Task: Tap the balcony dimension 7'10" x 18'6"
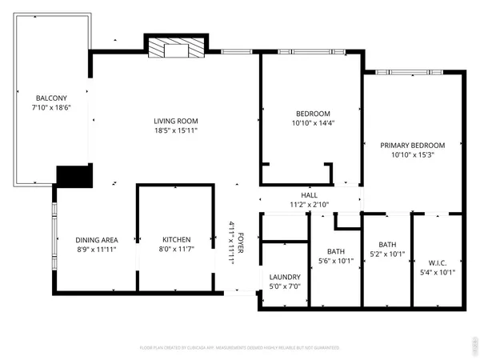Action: (46, 107)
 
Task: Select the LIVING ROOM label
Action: (176, 121)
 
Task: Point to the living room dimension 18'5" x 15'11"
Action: (176, 130)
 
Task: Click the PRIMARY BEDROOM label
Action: (412, 145)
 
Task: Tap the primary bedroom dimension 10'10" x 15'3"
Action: (412, 154)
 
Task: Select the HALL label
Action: (309, 195)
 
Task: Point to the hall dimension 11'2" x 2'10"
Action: (309, 205)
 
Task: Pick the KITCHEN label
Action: (176, 240)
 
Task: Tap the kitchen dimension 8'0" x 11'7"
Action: (176, 249)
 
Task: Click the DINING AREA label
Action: (97, 240)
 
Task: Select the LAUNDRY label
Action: (284, 276)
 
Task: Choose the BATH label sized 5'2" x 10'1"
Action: (387, 245)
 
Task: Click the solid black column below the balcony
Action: (74, 175)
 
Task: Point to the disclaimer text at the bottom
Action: (240, 348)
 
